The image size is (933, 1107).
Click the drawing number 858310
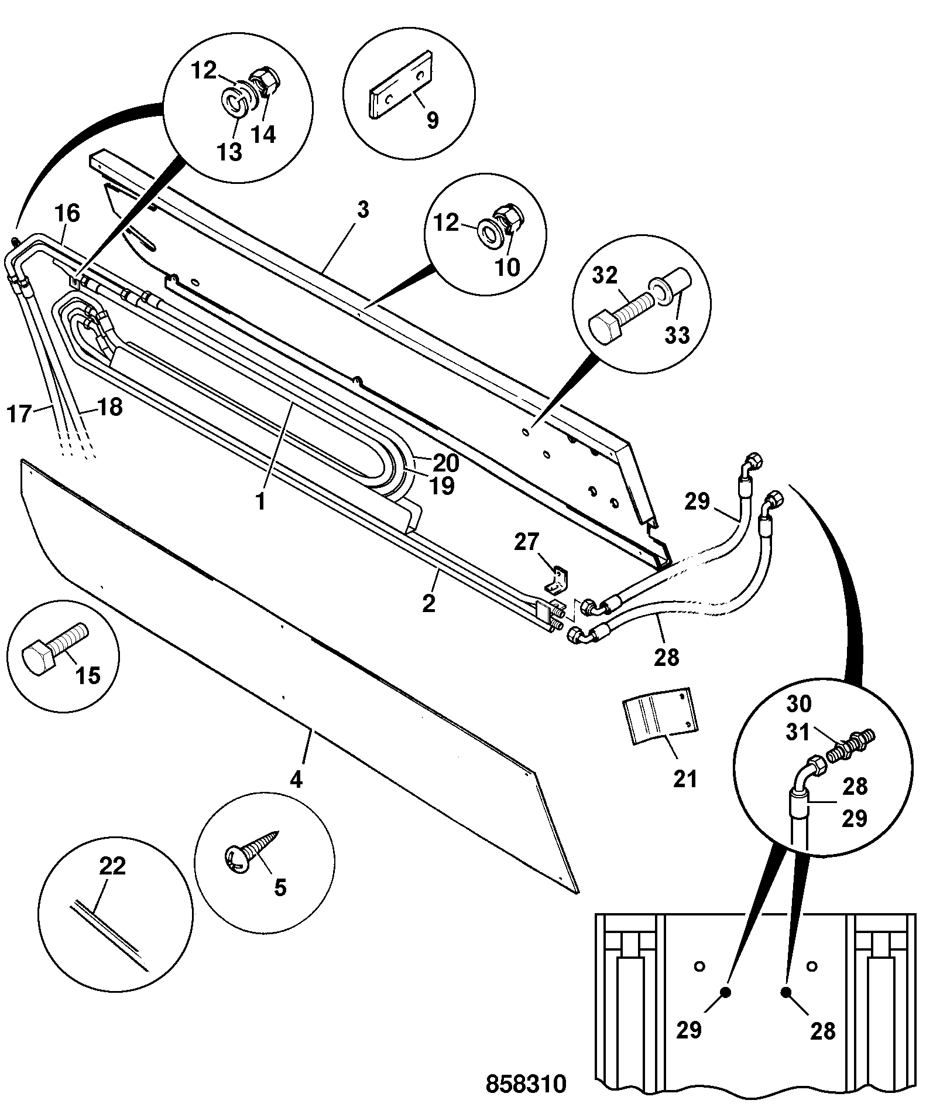(x=526, y=1084)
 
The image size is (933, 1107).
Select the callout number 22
(x=113, y=866)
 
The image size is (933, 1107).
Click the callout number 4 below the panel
(x=297, y=780)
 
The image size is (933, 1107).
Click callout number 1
(x=260, y=503)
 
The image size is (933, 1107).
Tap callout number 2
(x=429, y=603)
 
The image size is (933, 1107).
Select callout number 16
(x=67, y=213)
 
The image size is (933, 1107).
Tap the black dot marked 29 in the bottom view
(x=725, y=992)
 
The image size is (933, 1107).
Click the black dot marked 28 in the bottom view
(x=785, y=992)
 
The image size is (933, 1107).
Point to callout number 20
(x=447, y=463)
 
